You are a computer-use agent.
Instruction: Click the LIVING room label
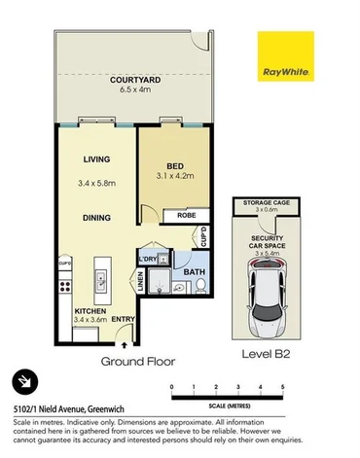click(96, 159)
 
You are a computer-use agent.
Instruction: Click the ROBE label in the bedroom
click(185, 217)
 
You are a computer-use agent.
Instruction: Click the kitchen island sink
click(100, 283)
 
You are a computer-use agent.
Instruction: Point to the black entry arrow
click(124, 342)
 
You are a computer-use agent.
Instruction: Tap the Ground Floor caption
click(138, 361)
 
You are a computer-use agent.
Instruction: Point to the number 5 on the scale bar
click(282, 387)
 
